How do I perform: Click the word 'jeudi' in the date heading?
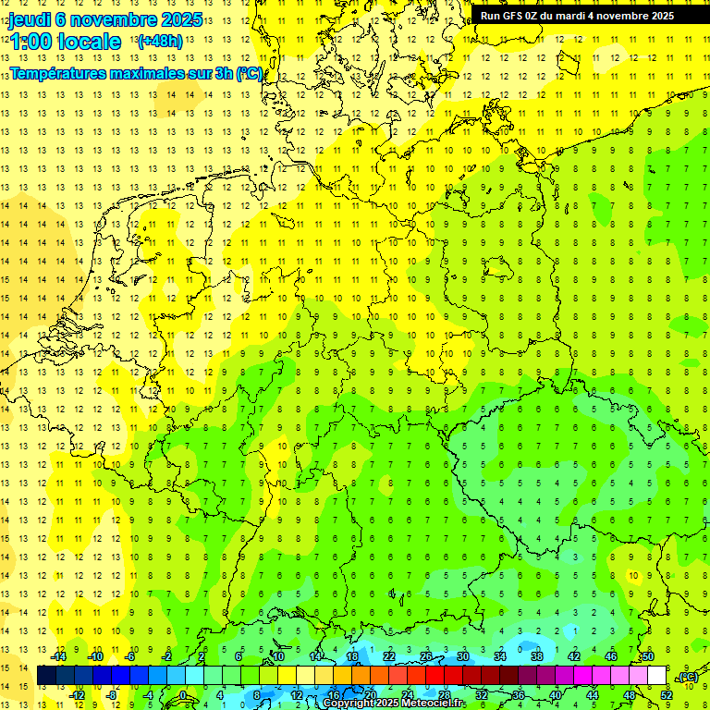32,19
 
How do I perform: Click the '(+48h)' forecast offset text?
160,41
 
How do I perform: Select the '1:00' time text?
31,42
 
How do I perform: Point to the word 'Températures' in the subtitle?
54,73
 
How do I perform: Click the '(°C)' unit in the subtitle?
250,73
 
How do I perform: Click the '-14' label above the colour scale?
58,656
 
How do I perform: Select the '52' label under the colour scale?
667,694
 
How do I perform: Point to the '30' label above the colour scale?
462,656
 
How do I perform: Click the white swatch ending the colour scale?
656,676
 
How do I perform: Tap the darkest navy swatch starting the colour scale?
46,676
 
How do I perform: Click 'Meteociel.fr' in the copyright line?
434,704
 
